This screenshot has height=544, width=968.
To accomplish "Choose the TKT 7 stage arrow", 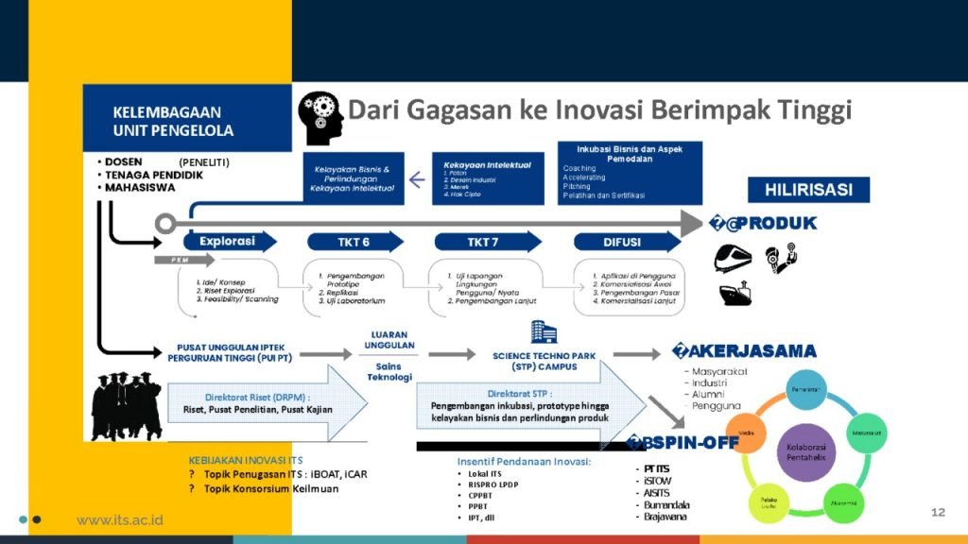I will click(481, 242).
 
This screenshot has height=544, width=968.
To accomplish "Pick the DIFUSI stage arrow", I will click(621, 242).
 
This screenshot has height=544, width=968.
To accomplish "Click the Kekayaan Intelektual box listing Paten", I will click(488, 178).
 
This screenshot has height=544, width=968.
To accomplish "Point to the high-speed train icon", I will click(733, 257).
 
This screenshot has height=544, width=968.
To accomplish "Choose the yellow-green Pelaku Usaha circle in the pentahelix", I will click(767, 498).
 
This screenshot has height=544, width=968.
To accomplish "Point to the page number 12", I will click(938, 512).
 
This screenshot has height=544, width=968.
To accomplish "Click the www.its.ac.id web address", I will click(120, 520).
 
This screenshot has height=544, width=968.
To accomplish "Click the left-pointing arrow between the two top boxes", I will click(416, 178).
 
